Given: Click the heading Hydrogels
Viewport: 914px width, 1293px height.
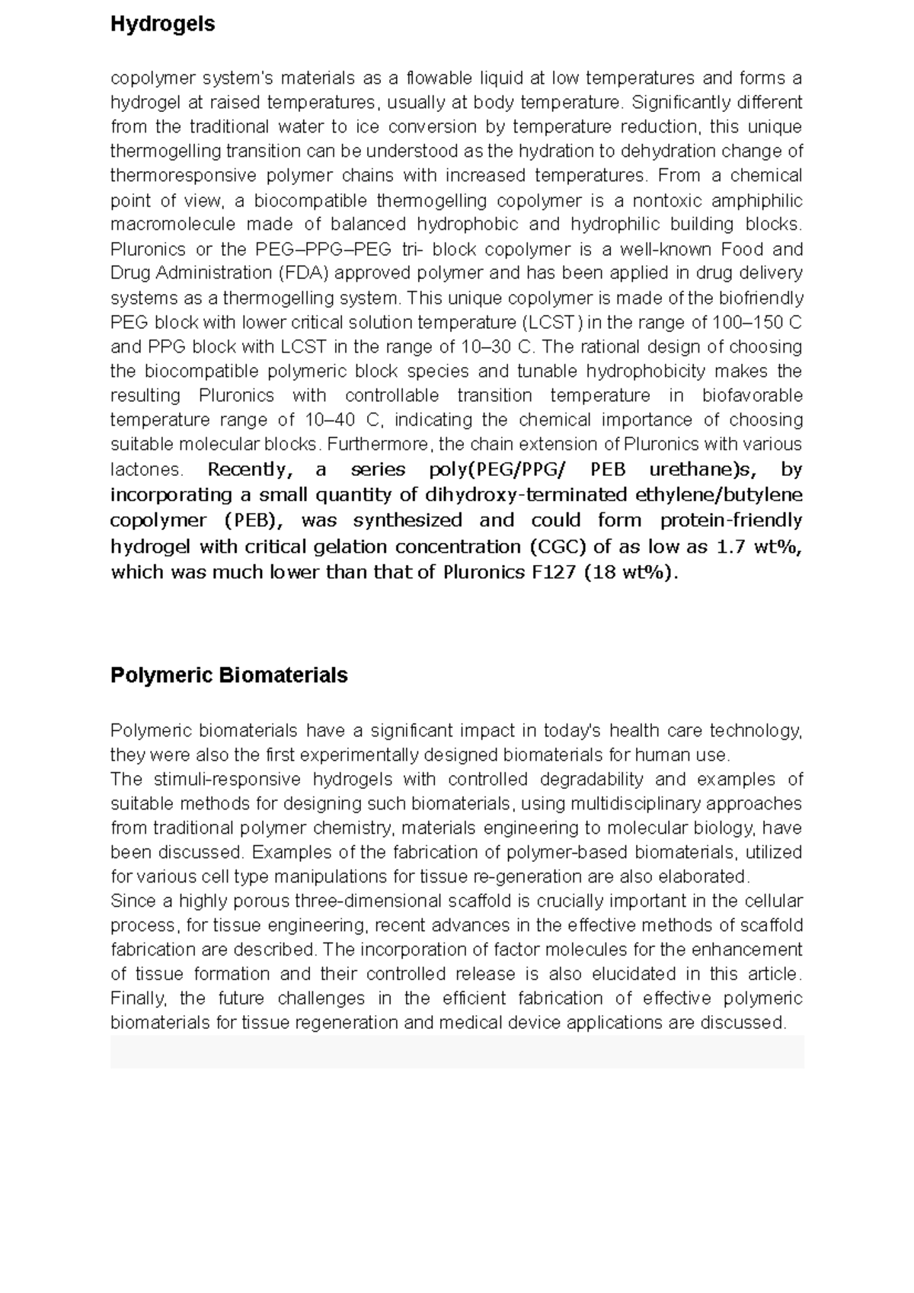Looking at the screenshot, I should tap(162, 24).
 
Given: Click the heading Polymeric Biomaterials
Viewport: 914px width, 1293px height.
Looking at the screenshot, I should tap(228, 675).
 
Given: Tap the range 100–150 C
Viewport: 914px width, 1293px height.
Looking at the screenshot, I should tap(756, 322).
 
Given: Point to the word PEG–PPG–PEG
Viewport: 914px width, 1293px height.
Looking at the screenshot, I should tap(324, 249).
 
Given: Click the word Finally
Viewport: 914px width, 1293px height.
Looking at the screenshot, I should tap(139, 998).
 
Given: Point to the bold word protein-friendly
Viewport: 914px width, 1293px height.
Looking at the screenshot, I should tap(731, 520).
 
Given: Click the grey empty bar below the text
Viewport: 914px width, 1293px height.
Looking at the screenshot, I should tap(457, 1052).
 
